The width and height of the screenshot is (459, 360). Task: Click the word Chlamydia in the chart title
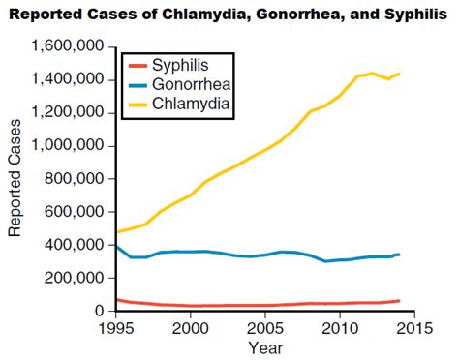pos(198,13)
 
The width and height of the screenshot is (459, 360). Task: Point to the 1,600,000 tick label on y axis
pos(69,47)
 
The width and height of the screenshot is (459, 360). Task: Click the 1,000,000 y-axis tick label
pos(69,146)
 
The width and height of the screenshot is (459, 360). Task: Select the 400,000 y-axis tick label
pos(76,245)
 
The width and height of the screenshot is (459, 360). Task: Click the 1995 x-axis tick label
pos(114,328)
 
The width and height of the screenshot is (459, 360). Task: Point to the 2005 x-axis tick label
pos(265,328)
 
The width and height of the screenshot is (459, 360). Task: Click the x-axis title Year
pos(265,346)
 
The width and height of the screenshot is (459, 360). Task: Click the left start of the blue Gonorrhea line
pos(115,246)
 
